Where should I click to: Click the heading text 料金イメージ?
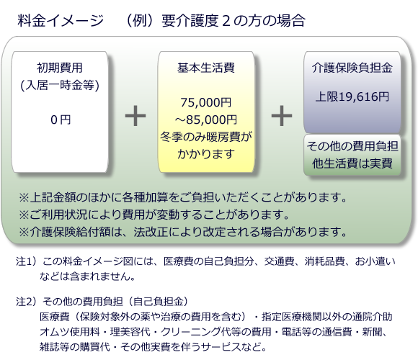(61, 20)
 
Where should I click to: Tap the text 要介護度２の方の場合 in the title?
(234, 20)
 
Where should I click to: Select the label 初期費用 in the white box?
(60, 68)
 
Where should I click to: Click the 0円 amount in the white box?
(61, 120)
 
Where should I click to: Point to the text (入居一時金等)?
(60, 85)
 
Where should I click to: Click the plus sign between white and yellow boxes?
(135, 116)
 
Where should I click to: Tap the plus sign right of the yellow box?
(282, 116)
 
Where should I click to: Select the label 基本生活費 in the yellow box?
(206, 68)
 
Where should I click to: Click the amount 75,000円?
(206, 102)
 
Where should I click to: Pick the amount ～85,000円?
(206, 120)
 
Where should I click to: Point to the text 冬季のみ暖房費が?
(206, 137)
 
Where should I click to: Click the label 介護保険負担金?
(352, 68)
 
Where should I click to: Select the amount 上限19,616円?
(352, 96)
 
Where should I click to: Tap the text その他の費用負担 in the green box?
(352, 146)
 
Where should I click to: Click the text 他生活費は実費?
(352, 163)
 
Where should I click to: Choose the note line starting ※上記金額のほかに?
(183, 197)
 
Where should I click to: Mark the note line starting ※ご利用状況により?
(154, 215)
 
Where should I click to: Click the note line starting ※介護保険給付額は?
(183, 232)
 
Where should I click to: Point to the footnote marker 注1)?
(26, 261)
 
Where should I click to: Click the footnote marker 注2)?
(26, 302)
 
